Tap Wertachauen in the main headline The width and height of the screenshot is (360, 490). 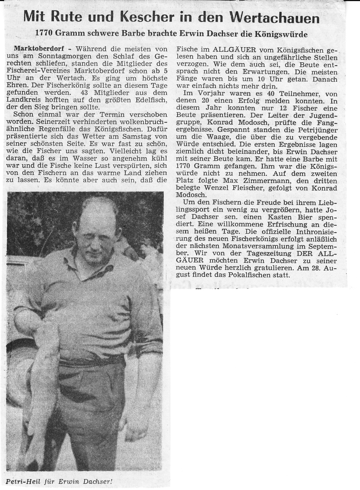[x=269, y=18]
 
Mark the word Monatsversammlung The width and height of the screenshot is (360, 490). [x=222, y=246]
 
